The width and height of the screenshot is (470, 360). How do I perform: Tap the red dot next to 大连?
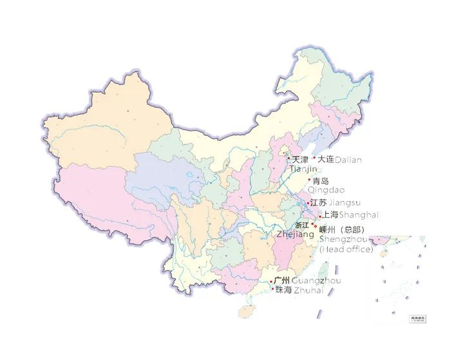[314, 158]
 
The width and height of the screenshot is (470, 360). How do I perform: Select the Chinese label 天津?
[300, 160]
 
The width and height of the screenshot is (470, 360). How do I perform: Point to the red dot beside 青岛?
[309, 180]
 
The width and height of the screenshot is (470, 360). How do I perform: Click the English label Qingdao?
[326, 190]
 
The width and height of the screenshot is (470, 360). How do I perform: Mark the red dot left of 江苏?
[308, 203]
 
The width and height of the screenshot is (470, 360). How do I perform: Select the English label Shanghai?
[359, 214]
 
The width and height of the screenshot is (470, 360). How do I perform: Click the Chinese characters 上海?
[330, 214]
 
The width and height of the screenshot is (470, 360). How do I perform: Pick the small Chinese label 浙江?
[301, 225]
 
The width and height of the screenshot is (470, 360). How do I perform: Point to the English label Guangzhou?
[316, 281]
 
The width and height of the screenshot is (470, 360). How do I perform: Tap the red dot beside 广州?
[271, 281]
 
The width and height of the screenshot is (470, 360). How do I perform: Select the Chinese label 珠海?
[283, 290]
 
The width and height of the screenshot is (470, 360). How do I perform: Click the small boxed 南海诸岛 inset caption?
[418, 318]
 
